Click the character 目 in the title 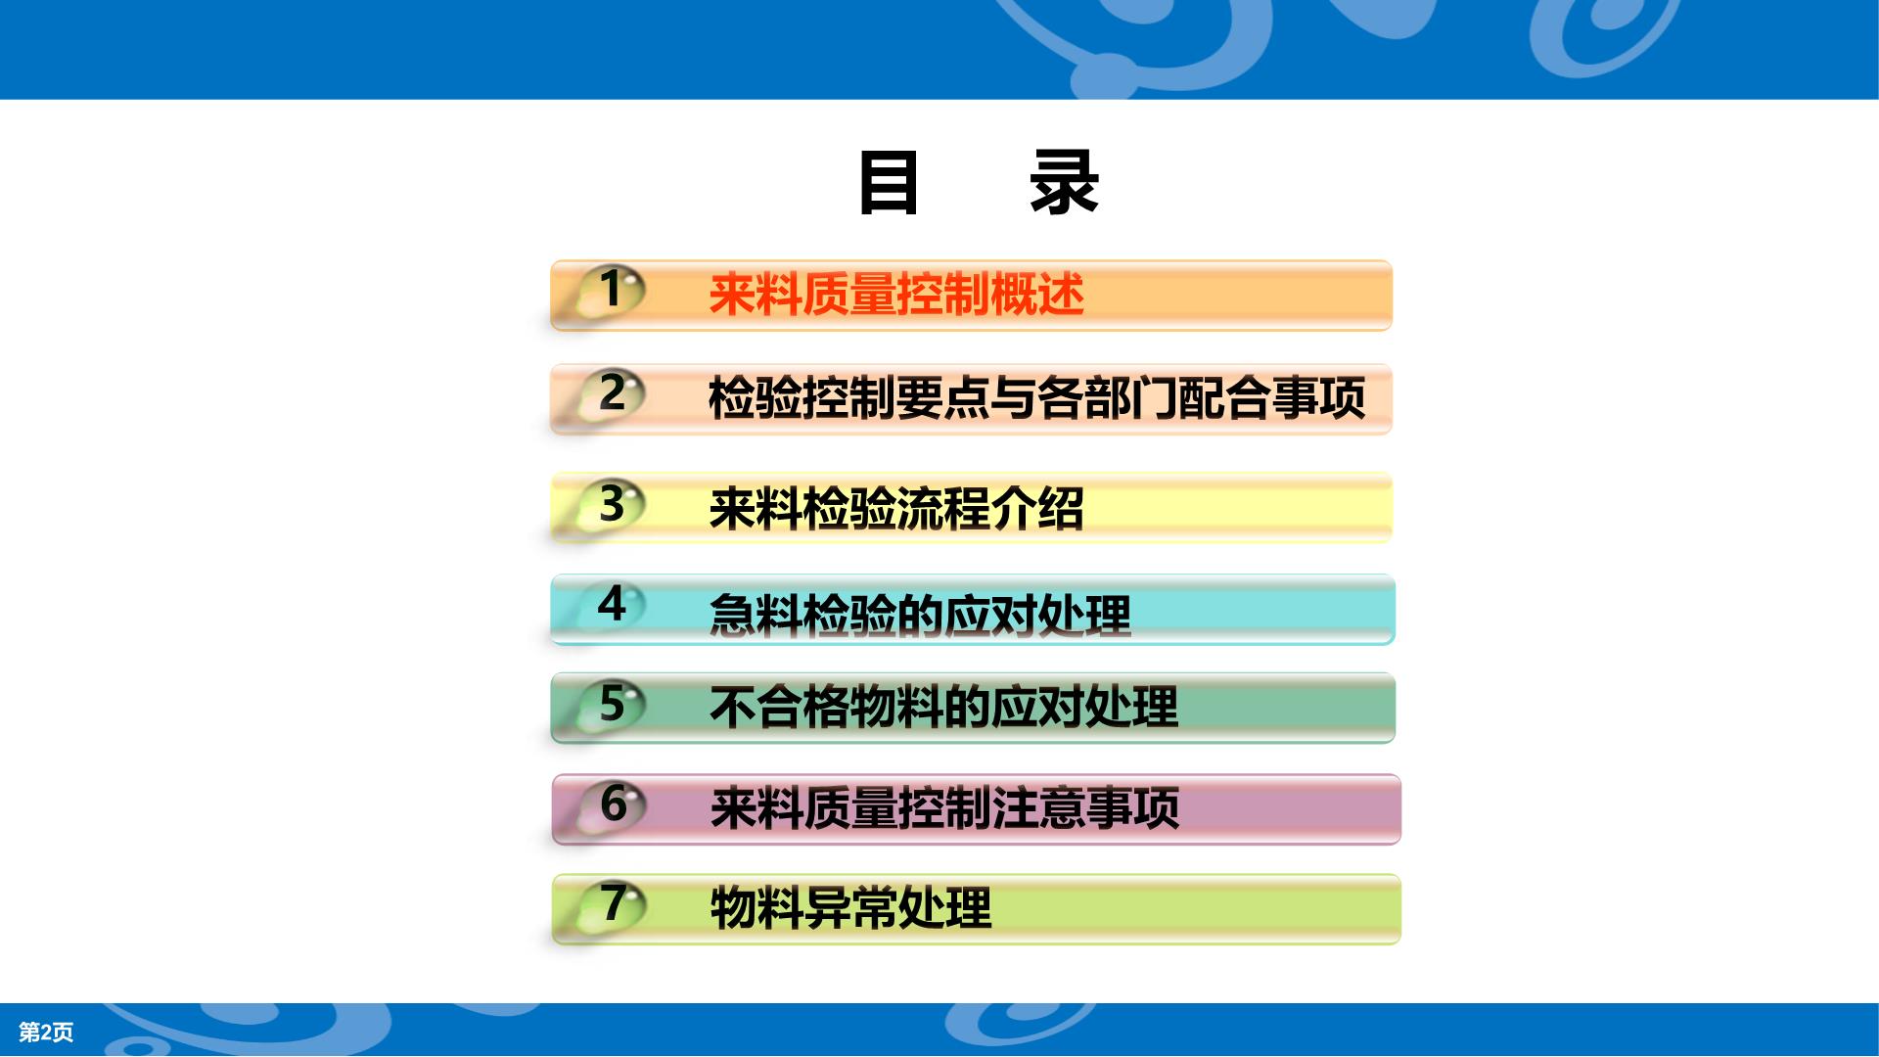point(889,183)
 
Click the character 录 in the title point(1064,183)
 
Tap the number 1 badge point(611,290)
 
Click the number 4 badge point(611,604)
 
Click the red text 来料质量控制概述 point(896,295)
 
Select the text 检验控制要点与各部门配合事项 point(1036,398)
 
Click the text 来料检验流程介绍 point(896,509)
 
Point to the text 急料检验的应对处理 point(920,616)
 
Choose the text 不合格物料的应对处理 point(943,707)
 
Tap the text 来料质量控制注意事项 point(944,808)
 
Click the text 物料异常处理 point(850,907)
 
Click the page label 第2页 point(46,1032)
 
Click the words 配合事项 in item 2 point(1271,398)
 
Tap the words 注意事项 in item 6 point(1085,808)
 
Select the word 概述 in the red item point(1037,295)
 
